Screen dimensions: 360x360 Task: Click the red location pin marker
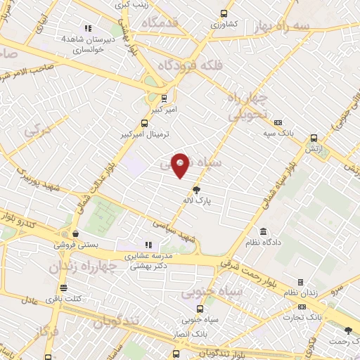(181, 165)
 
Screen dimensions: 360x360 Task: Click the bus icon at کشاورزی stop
(224, 13)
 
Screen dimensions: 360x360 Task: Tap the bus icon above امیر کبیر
(164, 98)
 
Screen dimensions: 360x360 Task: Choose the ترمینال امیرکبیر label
(145, 133)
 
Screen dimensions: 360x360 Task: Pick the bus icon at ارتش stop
(313, 138)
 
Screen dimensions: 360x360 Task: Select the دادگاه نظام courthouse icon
(263, 232)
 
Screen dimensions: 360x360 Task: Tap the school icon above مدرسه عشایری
(148, 245)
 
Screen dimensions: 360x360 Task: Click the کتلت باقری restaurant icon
(63, 288)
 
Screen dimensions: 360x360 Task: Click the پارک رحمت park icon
(348, 330)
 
